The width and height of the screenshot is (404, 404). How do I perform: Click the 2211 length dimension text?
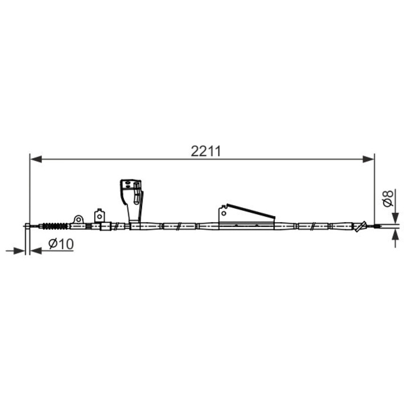tap(205, 151)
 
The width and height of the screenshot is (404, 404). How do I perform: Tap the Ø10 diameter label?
tap(61, 244)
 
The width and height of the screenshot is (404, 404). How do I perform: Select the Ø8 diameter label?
tap(388, 199)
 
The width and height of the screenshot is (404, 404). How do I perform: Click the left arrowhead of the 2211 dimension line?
tap(36, 159)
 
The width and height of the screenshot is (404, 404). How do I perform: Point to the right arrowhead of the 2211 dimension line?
tap(368, 159)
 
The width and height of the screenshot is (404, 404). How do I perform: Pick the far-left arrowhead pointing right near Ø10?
tap(19, 251)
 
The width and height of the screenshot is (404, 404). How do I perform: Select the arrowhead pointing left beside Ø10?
tap(36, 251)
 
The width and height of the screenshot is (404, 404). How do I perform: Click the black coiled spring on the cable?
tap(55, 226)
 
